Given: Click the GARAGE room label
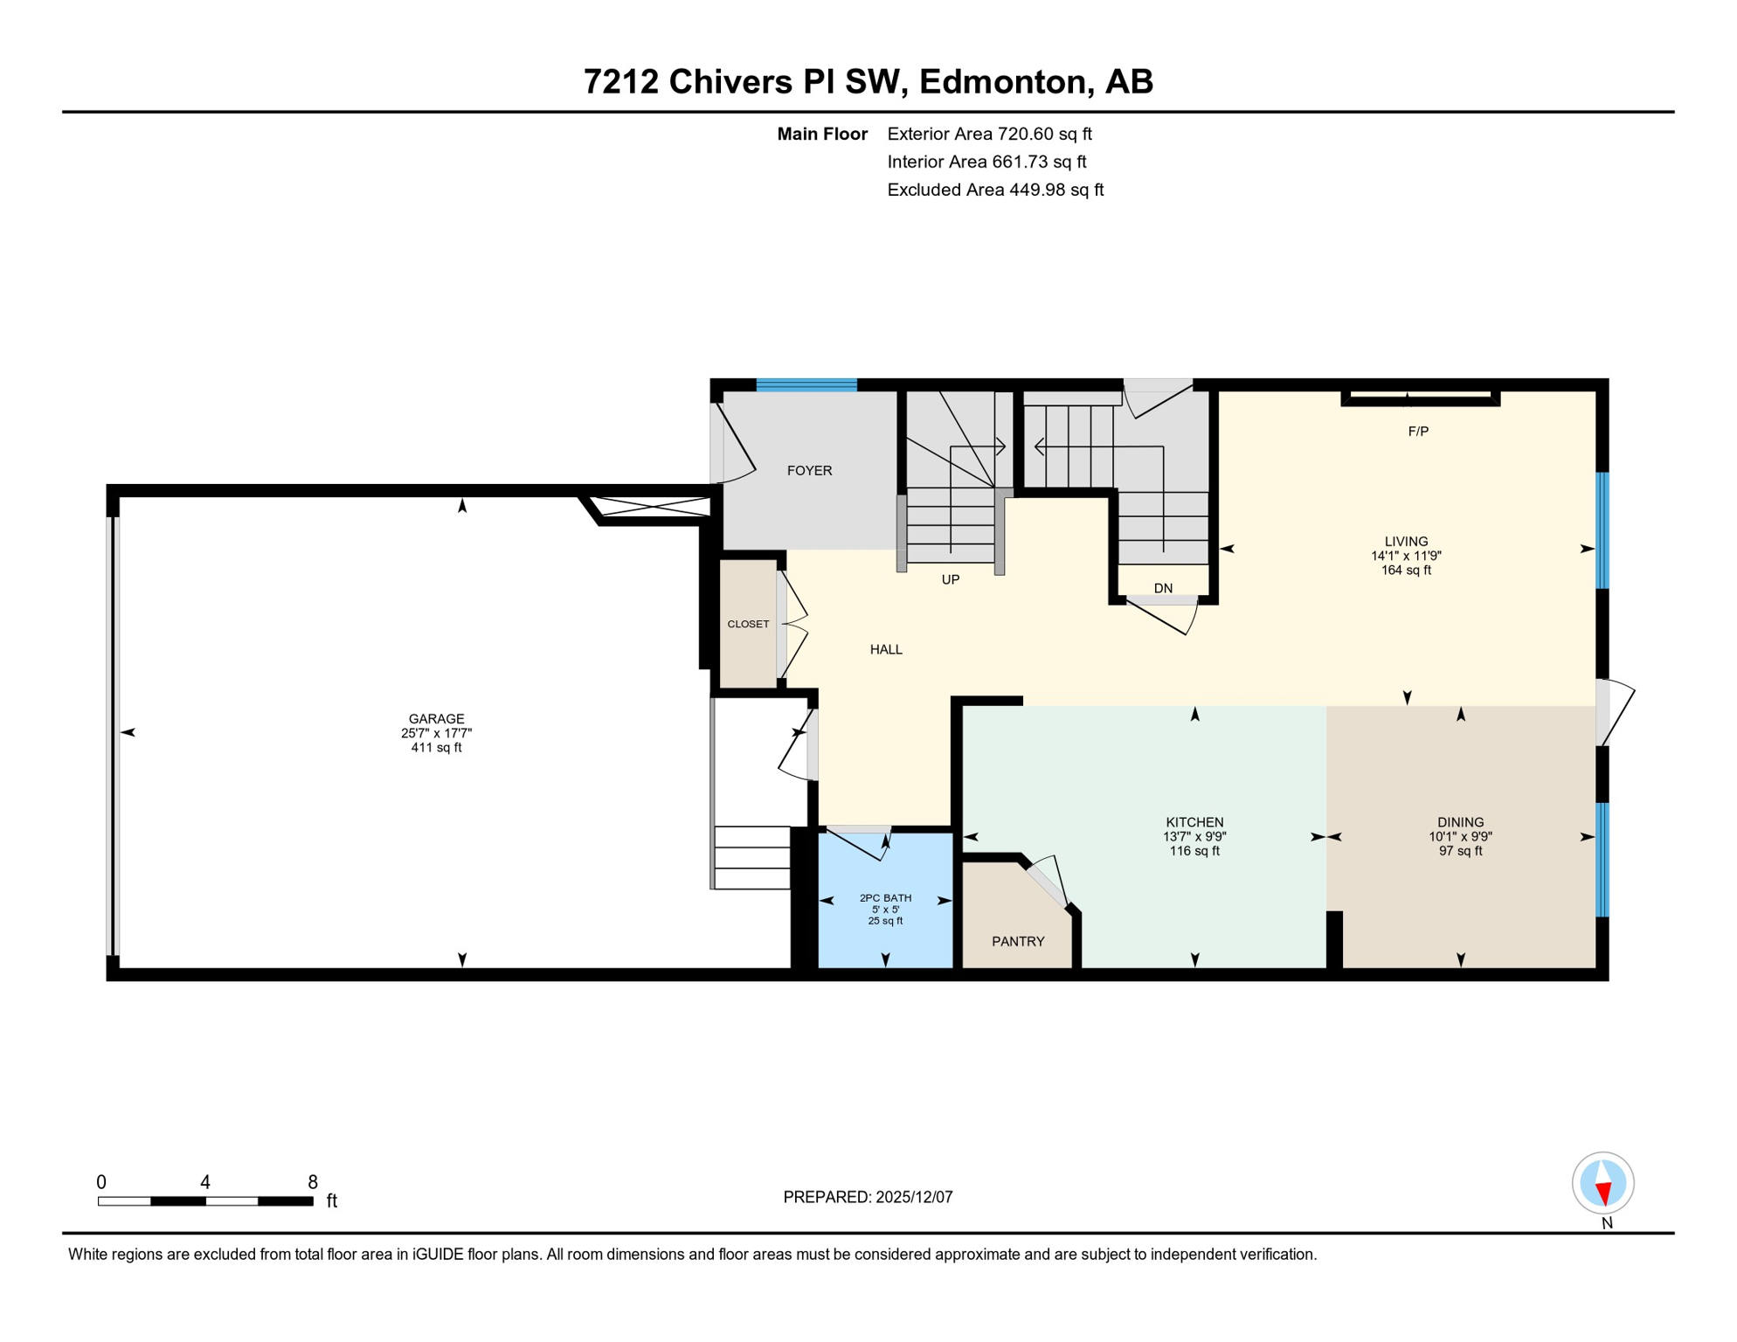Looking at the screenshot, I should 436,719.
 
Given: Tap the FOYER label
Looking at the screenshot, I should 809,471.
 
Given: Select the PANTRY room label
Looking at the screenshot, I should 1018,942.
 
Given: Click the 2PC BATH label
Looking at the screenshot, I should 885,898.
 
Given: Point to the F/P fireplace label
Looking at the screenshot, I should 1418,432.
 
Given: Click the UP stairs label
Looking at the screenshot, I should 951,580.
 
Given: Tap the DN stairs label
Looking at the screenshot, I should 1163,589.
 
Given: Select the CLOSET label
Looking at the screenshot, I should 748,625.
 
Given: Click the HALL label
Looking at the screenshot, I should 886,650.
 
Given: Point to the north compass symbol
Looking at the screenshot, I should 1603,1184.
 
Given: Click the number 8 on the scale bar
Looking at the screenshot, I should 312,1183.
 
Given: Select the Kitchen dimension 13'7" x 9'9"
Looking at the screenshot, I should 1194,837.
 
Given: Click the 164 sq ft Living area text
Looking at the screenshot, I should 1406,571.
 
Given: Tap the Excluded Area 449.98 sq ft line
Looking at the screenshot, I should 995,190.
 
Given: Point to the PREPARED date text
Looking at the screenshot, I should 868,1198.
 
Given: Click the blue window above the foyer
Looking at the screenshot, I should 806,385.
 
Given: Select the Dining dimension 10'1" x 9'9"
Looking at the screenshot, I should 1460,837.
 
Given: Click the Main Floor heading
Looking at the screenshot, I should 822,135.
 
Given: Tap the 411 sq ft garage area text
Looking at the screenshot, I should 436,748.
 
